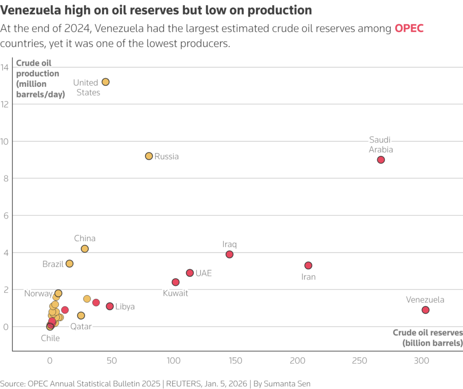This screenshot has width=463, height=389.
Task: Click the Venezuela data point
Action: (425, 310)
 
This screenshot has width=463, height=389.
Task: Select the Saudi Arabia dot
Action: (381, 160)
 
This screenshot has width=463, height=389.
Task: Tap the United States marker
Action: (105, 82)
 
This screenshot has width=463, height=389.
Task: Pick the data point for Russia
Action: (149, 156)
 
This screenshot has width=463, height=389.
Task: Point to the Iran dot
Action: (308, 266)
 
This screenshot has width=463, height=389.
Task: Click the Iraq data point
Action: (229, 254)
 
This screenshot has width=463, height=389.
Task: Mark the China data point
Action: (85, 249)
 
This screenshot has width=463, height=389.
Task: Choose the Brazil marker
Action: (69, 264)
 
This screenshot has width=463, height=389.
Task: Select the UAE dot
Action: (190, 273)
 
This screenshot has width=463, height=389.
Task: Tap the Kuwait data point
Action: (175, 282)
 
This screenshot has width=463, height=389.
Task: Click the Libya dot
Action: (109, 306)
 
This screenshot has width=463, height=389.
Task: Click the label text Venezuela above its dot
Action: (425, 299)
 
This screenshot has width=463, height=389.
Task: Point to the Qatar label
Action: (81, 327)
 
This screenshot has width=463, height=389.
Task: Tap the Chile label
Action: (50, 338)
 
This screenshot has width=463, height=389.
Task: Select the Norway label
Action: (38, 294)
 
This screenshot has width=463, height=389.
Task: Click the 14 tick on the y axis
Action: (5, 67)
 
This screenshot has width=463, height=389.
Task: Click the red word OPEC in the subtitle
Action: (409, 28)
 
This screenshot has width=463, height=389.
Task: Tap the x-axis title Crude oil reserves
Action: (428, 332)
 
